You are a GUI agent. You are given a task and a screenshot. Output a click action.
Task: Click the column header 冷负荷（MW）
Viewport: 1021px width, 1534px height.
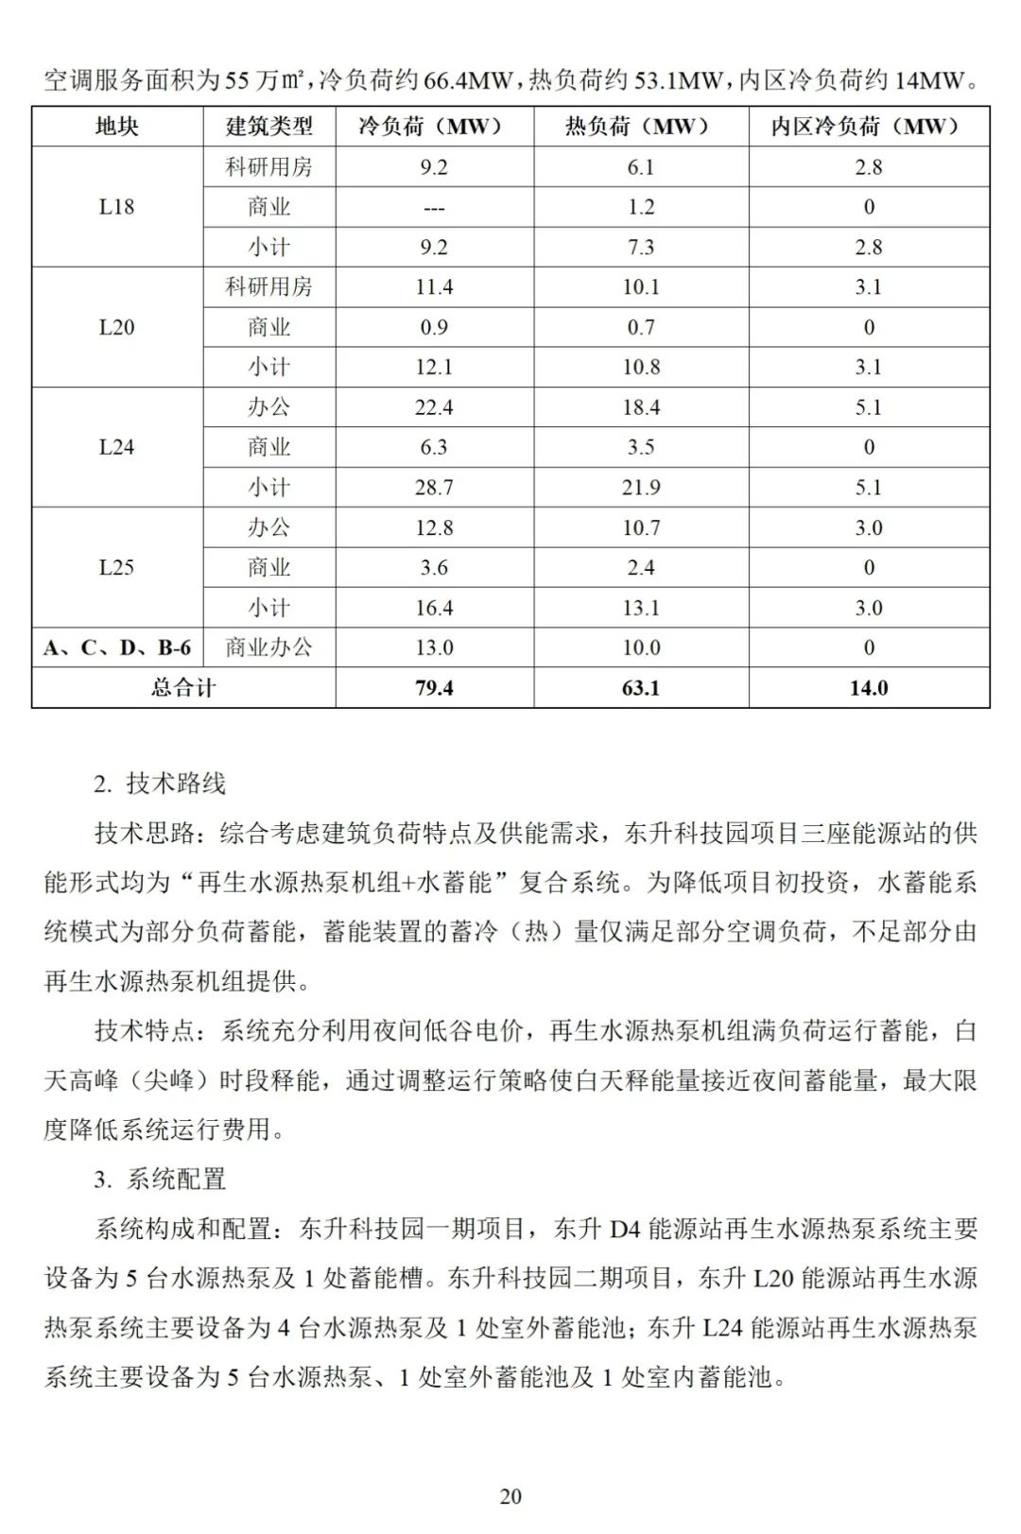[434, 127]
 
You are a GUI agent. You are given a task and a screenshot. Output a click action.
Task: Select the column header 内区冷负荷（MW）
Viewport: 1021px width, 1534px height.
[868, 127]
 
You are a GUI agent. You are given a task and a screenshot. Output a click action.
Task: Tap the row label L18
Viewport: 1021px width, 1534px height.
[116, 207]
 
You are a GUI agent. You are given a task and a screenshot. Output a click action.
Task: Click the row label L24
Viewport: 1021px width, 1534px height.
[116, 447]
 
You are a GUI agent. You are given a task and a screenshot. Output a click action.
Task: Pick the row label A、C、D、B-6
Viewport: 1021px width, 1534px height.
[116, 647]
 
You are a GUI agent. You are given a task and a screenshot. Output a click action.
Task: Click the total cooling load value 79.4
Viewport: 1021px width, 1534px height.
[434, 688]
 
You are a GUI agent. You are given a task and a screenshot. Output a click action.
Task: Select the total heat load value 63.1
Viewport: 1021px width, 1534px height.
[640, 688]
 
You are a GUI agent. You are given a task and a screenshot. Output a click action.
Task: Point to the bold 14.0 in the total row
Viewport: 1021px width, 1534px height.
[868, 688]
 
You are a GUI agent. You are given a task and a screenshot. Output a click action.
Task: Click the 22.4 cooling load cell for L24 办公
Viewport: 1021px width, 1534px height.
[434, 407]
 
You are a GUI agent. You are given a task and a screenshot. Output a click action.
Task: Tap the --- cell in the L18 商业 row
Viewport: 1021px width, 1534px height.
[434, 208]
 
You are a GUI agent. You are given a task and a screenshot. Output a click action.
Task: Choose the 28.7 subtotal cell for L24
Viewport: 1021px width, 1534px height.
[434, 488]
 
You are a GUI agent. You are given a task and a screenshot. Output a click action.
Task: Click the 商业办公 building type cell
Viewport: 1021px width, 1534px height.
[268, 647]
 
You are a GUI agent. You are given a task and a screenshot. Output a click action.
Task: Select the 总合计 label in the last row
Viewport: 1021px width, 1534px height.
[182, 688]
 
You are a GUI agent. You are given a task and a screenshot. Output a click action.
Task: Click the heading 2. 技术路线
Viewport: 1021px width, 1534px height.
[160, 784]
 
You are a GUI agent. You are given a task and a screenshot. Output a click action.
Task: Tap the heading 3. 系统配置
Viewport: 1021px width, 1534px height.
[160, 1180]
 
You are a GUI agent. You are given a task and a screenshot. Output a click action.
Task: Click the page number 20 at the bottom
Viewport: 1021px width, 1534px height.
[510, 1496]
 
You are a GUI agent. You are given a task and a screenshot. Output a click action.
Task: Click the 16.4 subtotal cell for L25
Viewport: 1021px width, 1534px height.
[434, 608]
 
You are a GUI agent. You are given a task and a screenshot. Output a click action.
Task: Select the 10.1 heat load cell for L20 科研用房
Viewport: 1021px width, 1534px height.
[640, 287]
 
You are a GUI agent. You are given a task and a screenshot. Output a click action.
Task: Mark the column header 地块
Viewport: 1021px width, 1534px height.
[116, 127]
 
